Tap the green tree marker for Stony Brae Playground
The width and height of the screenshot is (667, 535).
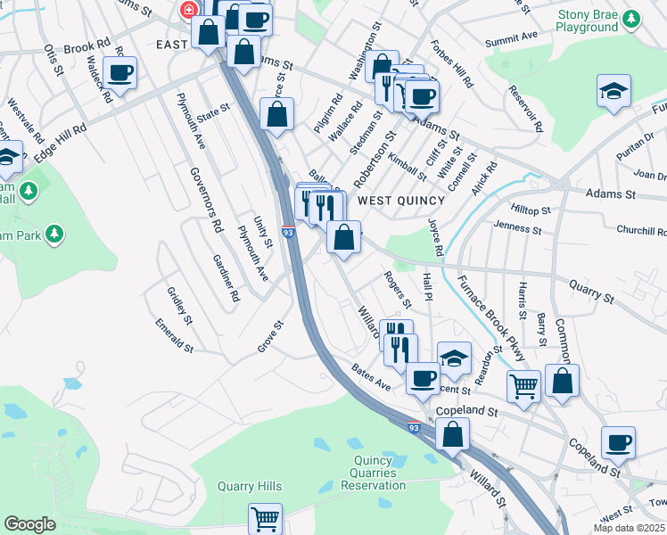pyautogui.click(x=632, y=18)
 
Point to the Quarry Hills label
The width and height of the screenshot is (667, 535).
pyautogui.click(x=250, y=486)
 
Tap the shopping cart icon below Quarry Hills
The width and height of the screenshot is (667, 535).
pyautogui.click(x=265, y=518)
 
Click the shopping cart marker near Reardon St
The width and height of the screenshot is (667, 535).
pyautogui.click(x=523, y=386)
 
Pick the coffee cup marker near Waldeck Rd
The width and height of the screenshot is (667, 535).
pyautogui.click(x=119, y=73)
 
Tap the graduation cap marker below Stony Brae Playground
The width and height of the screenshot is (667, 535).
pyautogui.click(x=613, y=91)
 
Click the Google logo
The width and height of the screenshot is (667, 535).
pyautogui.click(x=29, y=524)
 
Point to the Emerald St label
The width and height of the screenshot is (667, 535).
pyautogui.click(x=174, y=334)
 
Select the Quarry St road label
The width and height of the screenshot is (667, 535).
pyautogui.click(x=591, y=288)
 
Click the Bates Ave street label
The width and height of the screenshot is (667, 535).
pyautogui.click(x=371, y=376)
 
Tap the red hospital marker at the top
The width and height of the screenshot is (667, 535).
pyautogui.click(x=188, y=11)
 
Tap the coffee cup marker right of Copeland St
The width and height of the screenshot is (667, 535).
pyautogui.click(x=618, y=442)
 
